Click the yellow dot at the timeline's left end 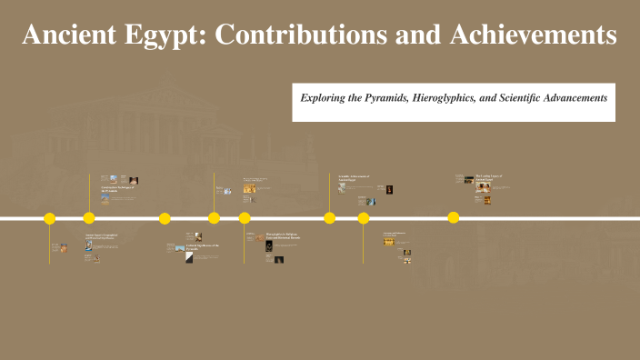pos(50,218)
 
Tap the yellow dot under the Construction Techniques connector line pos(89,218)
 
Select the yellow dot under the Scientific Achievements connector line pos(330,218)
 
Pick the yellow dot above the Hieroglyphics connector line pos(245,218)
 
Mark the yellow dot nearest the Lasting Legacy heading pos(454,217)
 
